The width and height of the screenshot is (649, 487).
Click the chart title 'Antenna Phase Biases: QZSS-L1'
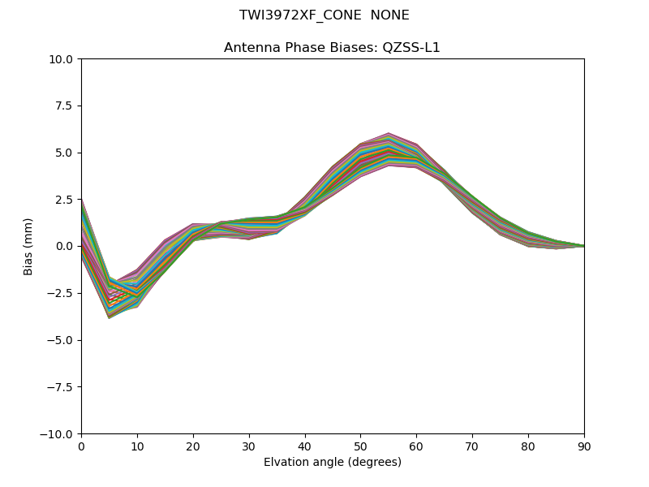(x=332, y=48)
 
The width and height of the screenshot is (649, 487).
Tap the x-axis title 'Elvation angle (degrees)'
(x=332, y=463)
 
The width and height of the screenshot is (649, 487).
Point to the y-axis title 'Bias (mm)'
(x=28, y=246)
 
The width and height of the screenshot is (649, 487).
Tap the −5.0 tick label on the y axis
(x=60, y=340)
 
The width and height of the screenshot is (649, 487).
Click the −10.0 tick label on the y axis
(x=57, y=433)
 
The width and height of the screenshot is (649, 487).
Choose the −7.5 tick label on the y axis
(x=60, y=386)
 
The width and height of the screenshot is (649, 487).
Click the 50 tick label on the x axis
(x=360, y=446)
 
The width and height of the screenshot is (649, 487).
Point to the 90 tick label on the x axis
(x=583, y=446)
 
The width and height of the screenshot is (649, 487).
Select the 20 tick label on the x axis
(x=193, y=446)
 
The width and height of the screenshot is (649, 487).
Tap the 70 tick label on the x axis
(x=472, y=446)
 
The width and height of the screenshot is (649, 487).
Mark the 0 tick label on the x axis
(x=81, y=446)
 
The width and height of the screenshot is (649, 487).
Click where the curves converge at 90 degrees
(x=582, y=245)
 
